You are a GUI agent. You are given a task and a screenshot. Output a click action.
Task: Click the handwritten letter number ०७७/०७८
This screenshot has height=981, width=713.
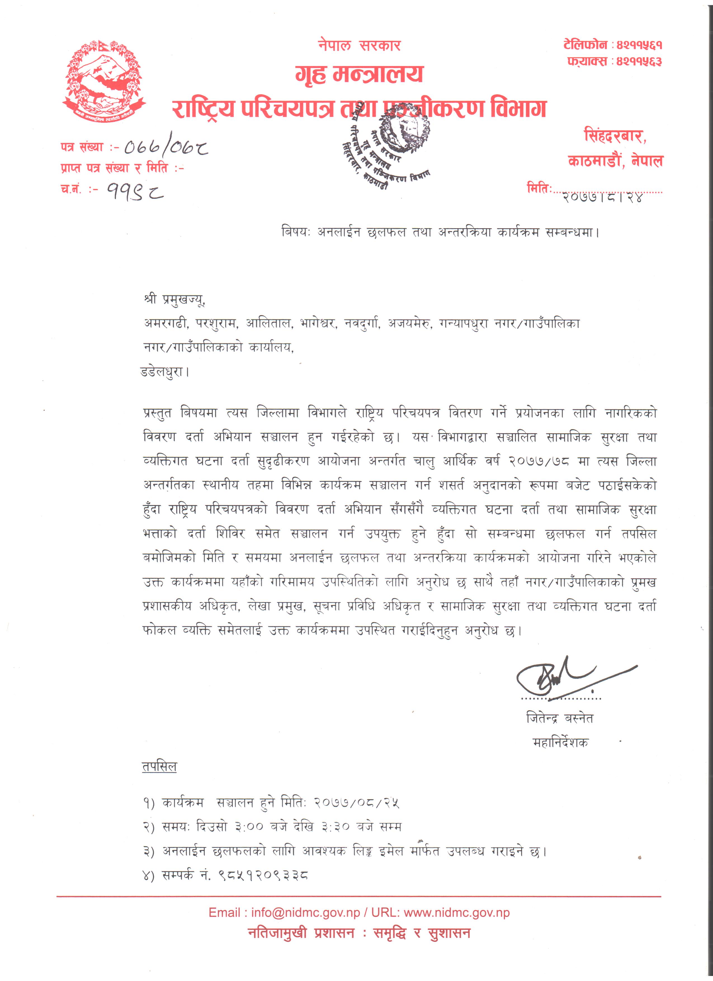(x=166, y=148)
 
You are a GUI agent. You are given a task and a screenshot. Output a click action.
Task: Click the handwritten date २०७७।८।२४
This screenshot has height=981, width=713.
(x=603, y=197)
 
